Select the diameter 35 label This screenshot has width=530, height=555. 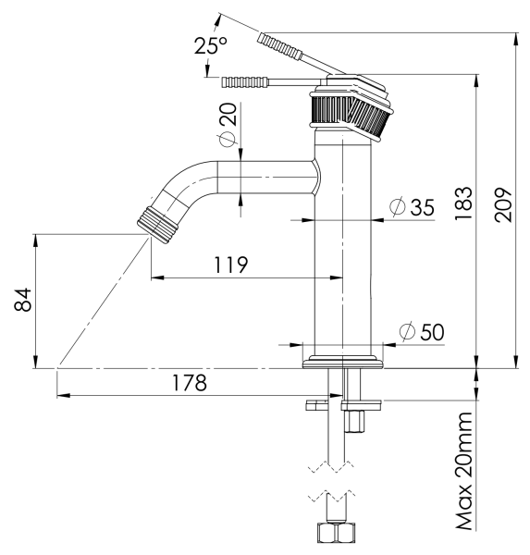pyautogui.click(x=412, y=207)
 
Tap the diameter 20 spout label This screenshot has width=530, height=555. pyautogui.click(x=228, y=125)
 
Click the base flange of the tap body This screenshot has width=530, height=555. pyautogui.click(x=342, y=359)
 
